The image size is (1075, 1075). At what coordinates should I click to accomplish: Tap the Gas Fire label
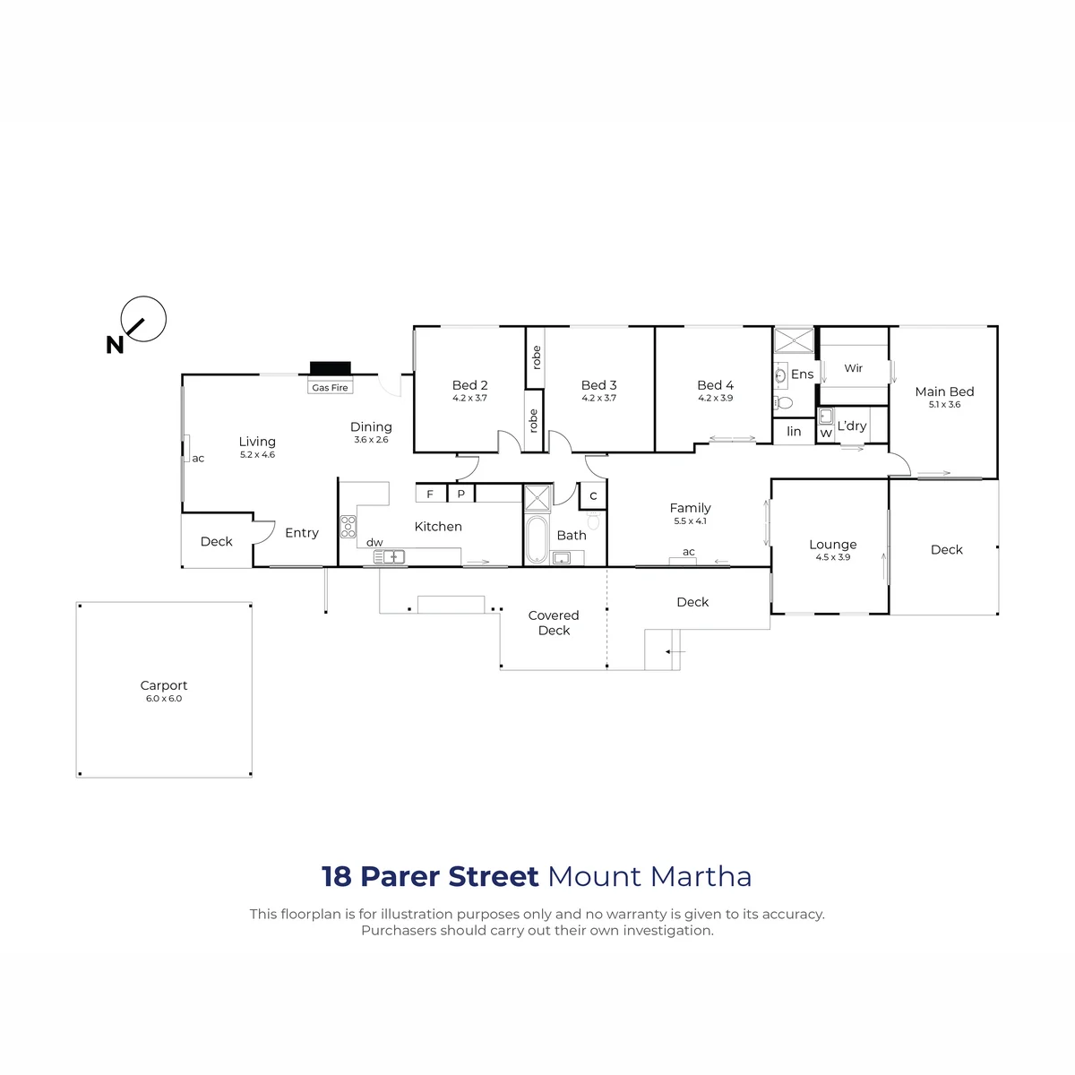click(x=330, y=387)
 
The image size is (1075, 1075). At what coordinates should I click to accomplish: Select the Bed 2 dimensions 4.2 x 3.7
click(x=469, y=398)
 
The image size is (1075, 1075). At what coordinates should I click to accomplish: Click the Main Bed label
click(x=944, y=391)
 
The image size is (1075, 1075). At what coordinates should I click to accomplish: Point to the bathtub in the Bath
click(x=537, y=539)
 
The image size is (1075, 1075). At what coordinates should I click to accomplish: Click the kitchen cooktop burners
click(x=348, y=526)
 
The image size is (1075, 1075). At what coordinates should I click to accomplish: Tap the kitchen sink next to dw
click(x=389, y=556)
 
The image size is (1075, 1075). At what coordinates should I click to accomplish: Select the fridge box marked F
click(x=430, y=494)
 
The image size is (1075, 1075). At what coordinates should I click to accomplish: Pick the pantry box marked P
click(x=460, y=494)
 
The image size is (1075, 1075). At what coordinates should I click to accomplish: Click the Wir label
click(x=853, y=368)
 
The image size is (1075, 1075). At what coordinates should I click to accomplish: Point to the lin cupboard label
click(x=794, y=431)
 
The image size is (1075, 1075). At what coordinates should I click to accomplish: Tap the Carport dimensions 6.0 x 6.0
click(x=163, y=699)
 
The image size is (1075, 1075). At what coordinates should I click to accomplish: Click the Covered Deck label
click(x=554, y=623)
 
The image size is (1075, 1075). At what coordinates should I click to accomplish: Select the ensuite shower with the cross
click(x=794, y=340)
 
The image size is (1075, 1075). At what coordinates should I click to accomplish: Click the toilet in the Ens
click(x=783, y=402)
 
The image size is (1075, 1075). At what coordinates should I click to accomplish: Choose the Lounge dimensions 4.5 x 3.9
click(x=832, y=556)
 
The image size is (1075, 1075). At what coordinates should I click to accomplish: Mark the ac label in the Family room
click(x=688, y=552)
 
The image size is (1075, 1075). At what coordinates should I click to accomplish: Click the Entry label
click(x=302, y=533)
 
